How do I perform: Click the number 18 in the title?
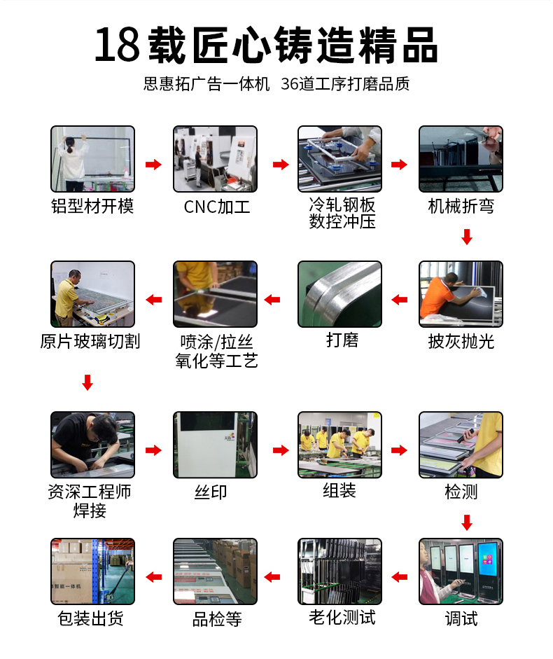(x=117, y=45)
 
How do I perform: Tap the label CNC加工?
(x=217, y=207)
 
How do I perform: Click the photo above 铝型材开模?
(x=93, y=159)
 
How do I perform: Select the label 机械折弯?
(x=461, y=207)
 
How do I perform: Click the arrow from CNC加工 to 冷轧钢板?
(x=281, y=164)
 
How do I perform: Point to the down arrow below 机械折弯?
(x=467, y=237)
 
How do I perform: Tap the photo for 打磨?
(x=340, y=294)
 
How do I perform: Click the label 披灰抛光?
(x=461, y=342)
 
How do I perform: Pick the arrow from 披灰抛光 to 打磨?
(x=399, y=300)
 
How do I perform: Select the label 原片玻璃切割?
(x=90, y=341)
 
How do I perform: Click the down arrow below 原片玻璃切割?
(x=87, y=382)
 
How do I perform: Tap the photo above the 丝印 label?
(x=215, y=445)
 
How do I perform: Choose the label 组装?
(x=339, y=490)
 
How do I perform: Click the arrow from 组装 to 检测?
(x=399, y=450)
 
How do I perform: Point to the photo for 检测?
(x=461, y=445)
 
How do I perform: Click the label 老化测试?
(x=342, y=618)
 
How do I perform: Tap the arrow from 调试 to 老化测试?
(x=399, y=577)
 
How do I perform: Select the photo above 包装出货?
(x=93, y=571)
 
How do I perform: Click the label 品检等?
(x=217, y=619)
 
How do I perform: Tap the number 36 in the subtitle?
(x=290, y=84)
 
